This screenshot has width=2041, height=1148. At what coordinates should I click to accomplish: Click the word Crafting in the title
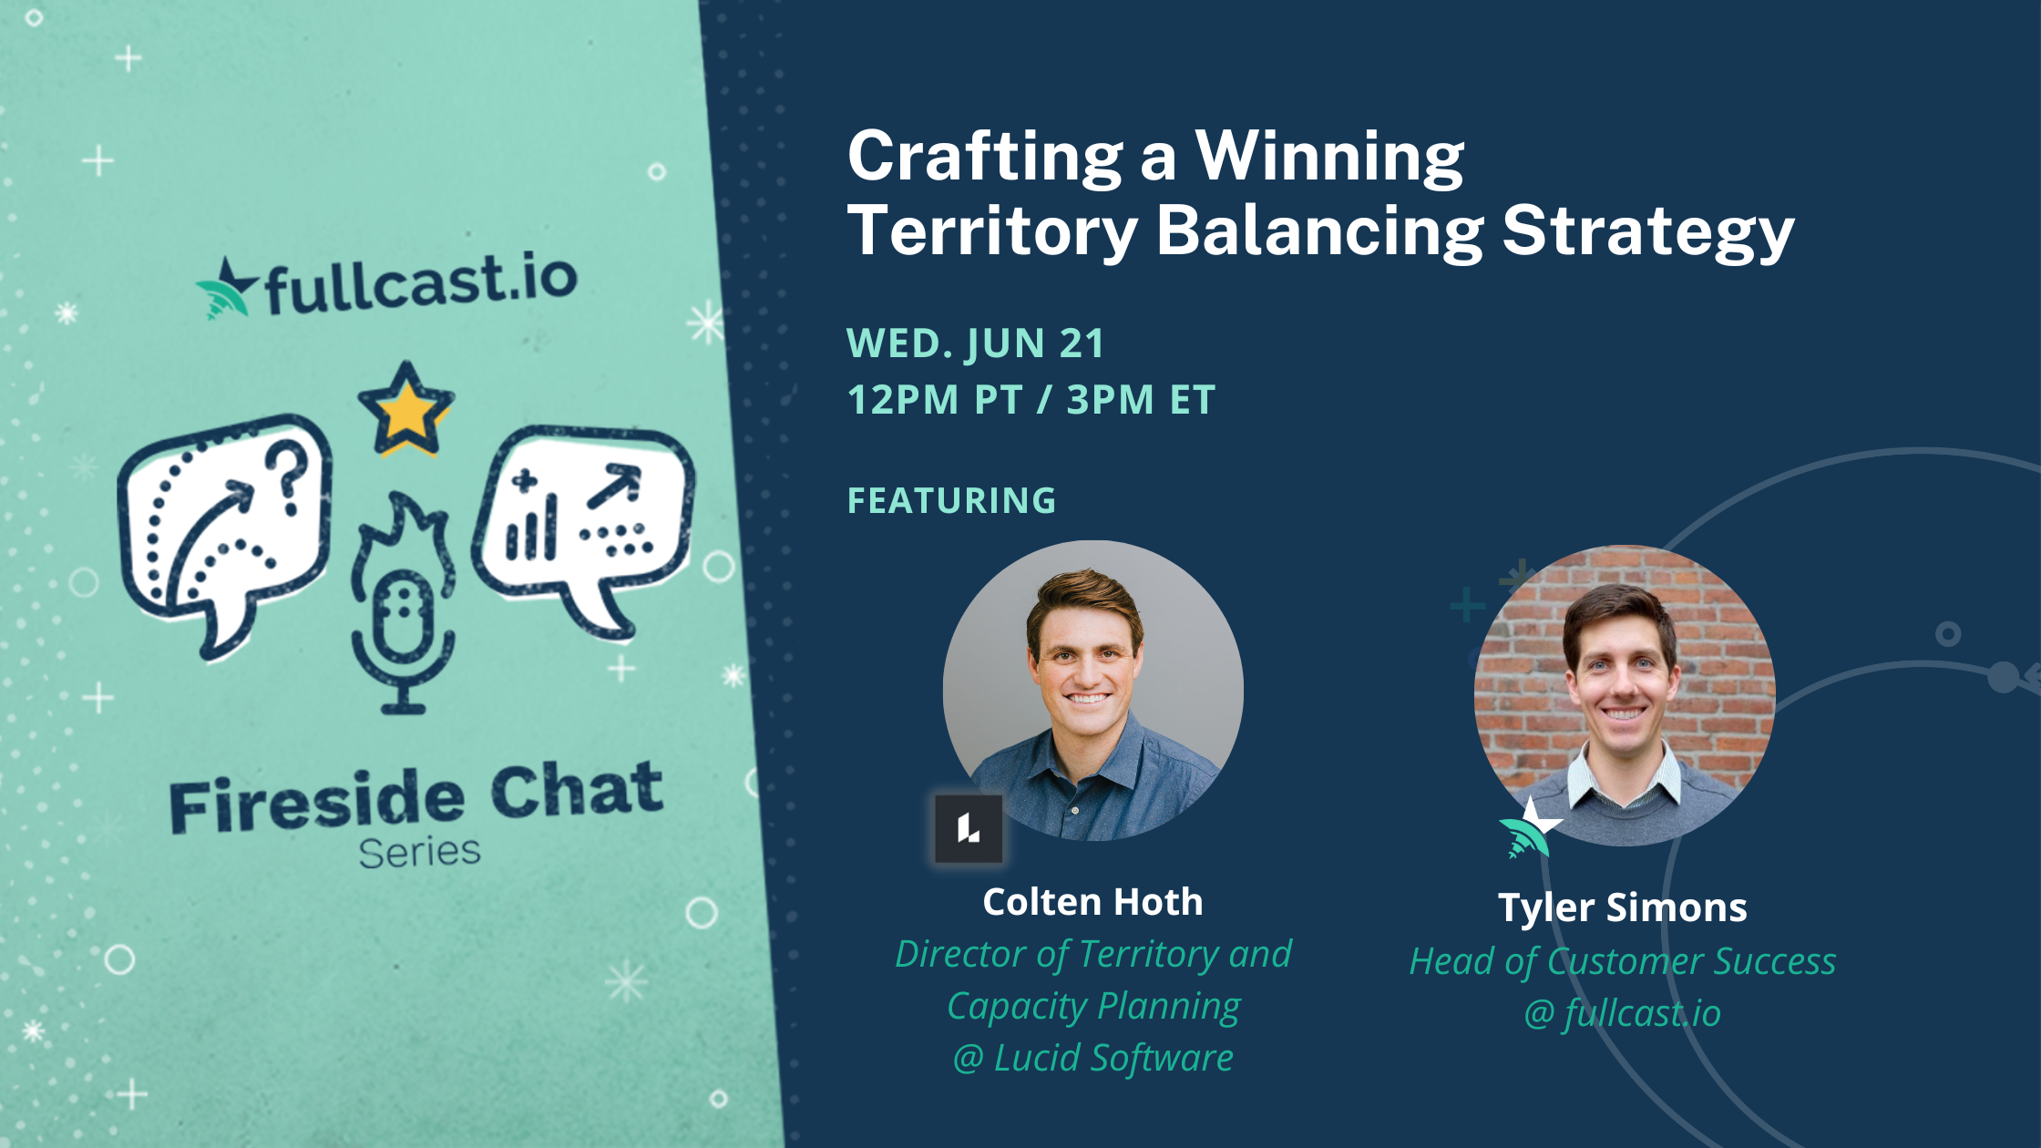pos(985,158)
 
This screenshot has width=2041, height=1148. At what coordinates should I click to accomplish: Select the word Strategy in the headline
pos(1647,231)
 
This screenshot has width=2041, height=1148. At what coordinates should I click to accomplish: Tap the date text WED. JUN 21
pos(975,343)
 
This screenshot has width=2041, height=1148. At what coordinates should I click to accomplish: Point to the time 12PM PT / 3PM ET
pos(1031,400)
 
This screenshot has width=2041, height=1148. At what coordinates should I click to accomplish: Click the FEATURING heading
pos(951,500)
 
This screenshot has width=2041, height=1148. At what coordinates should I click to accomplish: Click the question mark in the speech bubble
pos(290,476)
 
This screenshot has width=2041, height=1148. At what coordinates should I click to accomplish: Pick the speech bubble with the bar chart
pos(583,524)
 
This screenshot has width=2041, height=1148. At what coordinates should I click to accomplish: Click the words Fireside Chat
pos(415,796)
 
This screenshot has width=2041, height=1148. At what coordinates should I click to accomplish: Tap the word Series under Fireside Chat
pos(419,853)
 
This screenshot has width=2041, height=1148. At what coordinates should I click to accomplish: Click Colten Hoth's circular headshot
pos(1092,690)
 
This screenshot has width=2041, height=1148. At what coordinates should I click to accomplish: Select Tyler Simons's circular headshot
pos(1624,694)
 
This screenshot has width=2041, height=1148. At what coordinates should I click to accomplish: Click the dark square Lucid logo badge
pos(969,828)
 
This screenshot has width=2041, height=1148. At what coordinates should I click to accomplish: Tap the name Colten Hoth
pos(1092,902)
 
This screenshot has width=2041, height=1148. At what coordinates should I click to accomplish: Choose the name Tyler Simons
pos(1623,907)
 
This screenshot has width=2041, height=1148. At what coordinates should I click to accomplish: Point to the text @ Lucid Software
pos(1092,1059)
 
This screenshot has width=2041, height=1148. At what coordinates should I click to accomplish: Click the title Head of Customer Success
pos(1623,961)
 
